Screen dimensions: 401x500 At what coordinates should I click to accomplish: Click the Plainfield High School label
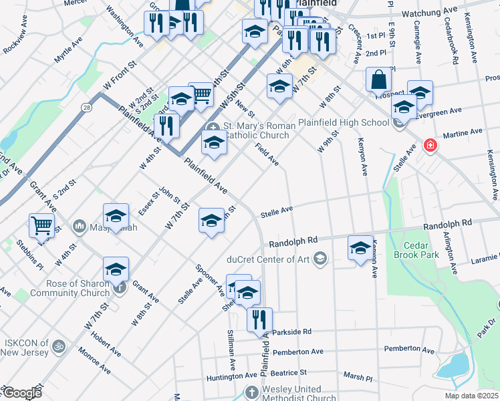pos(343,122)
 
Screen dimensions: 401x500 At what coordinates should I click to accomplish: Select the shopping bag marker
pos(378,80)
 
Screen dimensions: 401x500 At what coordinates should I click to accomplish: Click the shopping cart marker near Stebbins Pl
pos(41,226)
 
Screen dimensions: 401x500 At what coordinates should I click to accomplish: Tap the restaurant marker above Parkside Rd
pos(259,319)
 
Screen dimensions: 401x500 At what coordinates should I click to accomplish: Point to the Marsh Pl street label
pos(358,377)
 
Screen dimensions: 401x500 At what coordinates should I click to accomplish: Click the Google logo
pos(21,393)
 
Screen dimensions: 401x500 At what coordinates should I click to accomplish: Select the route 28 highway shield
pos(87,107)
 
